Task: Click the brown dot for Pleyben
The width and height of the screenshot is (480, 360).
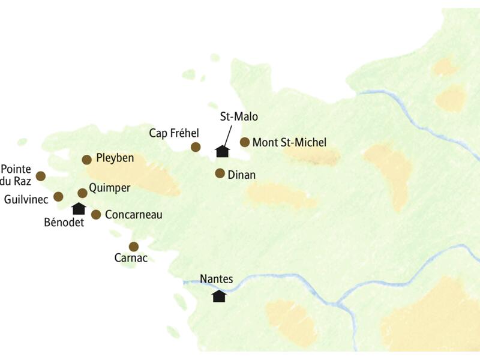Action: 86,159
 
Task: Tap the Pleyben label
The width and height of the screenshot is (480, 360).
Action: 115,158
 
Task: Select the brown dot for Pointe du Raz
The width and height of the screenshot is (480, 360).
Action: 41,176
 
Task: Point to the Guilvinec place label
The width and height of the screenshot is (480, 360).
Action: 25,198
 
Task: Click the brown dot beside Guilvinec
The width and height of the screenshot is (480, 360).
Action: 58,196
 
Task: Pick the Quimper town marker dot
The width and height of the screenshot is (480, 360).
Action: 82,193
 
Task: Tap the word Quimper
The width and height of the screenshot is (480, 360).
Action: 109,188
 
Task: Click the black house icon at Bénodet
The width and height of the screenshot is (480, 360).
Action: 79,208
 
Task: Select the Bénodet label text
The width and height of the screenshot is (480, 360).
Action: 64,222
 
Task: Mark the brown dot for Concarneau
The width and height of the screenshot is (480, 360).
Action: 96,214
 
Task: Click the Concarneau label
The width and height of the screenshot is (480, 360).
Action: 133,214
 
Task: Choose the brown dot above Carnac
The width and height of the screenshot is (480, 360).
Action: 134,246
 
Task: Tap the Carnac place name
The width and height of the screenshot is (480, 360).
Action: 131,259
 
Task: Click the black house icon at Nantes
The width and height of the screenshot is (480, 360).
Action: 219,296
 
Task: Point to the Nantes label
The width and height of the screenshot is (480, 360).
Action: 216,280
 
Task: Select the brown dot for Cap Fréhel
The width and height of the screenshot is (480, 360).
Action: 195,147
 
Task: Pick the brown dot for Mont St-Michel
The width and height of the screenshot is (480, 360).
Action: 245,142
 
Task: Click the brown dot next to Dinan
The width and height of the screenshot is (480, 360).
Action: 220,173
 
